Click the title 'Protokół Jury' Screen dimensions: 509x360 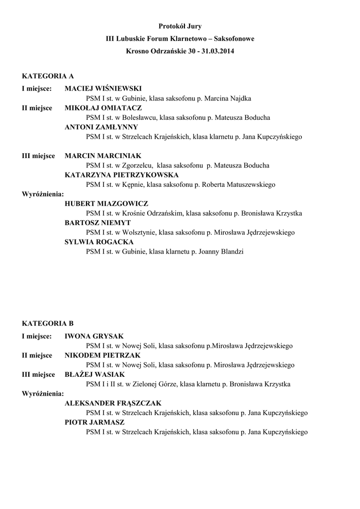coord(180,25)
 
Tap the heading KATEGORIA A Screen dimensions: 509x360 coord(48,76)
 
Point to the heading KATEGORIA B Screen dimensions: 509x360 coord(48,323)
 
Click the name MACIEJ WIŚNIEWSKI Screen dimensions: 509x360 coord(103,89)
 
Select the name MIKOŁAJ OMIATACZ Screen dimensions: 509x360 coord(103,108)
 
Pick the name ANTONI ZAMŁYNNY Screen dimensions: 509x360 coord(101,127)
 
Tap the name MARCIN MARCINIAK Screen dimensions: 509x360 coord(103,156)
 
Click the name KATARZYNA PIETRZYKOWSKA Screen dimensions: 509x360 coord(122,175)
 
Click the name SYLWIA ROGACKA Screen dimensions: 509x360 coord(99,242)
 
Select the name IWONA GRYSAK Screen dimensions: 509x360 coord(94,336)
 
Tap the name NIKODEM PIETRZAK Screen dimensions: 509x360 coord(102,355)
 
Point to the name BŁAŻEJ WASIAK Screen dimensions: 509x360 coord(94,374)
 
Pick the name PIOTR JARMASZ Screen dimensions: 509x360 coord(94,422)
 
